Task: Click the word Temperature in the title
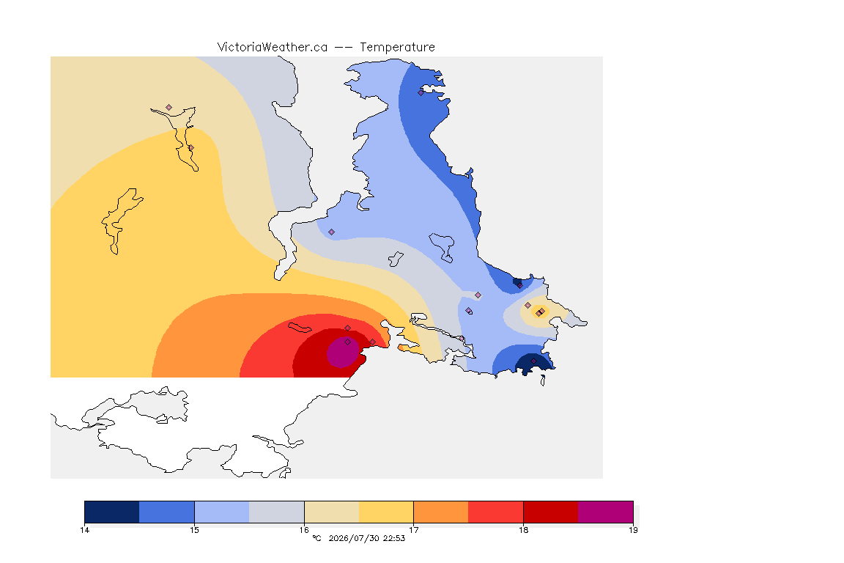coord(397,48)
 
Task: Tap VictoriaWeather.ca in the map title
coord(273,47)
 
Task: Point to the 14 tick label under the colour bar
coord(84,530)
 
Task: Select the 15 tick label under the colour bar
coord(194,530)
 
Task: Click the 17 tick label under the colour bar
coord(413,530)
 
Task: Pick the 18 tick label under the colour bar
coord(523,530)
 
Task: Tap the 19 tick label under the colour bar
coord(633,530)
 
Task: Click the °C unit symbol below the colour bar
coord(317,538)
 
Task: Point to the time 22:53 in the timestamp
coord(394,538)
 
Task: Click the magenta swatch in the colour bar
coord(606,512)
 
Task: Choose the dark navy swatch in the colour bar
coord(112,512)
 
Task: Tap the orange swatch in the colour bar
coord(441,512)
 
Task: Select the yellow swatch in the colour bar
coord(386,512)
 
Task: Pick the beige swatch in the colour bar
coord(332,512)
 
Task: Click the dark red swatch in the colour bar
coord(551,512)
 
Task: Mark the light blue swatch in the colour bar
coord(222,512)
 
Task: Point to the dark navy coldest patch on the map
coord(534,364)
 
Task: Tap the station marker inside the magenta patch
coord(348,342)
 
